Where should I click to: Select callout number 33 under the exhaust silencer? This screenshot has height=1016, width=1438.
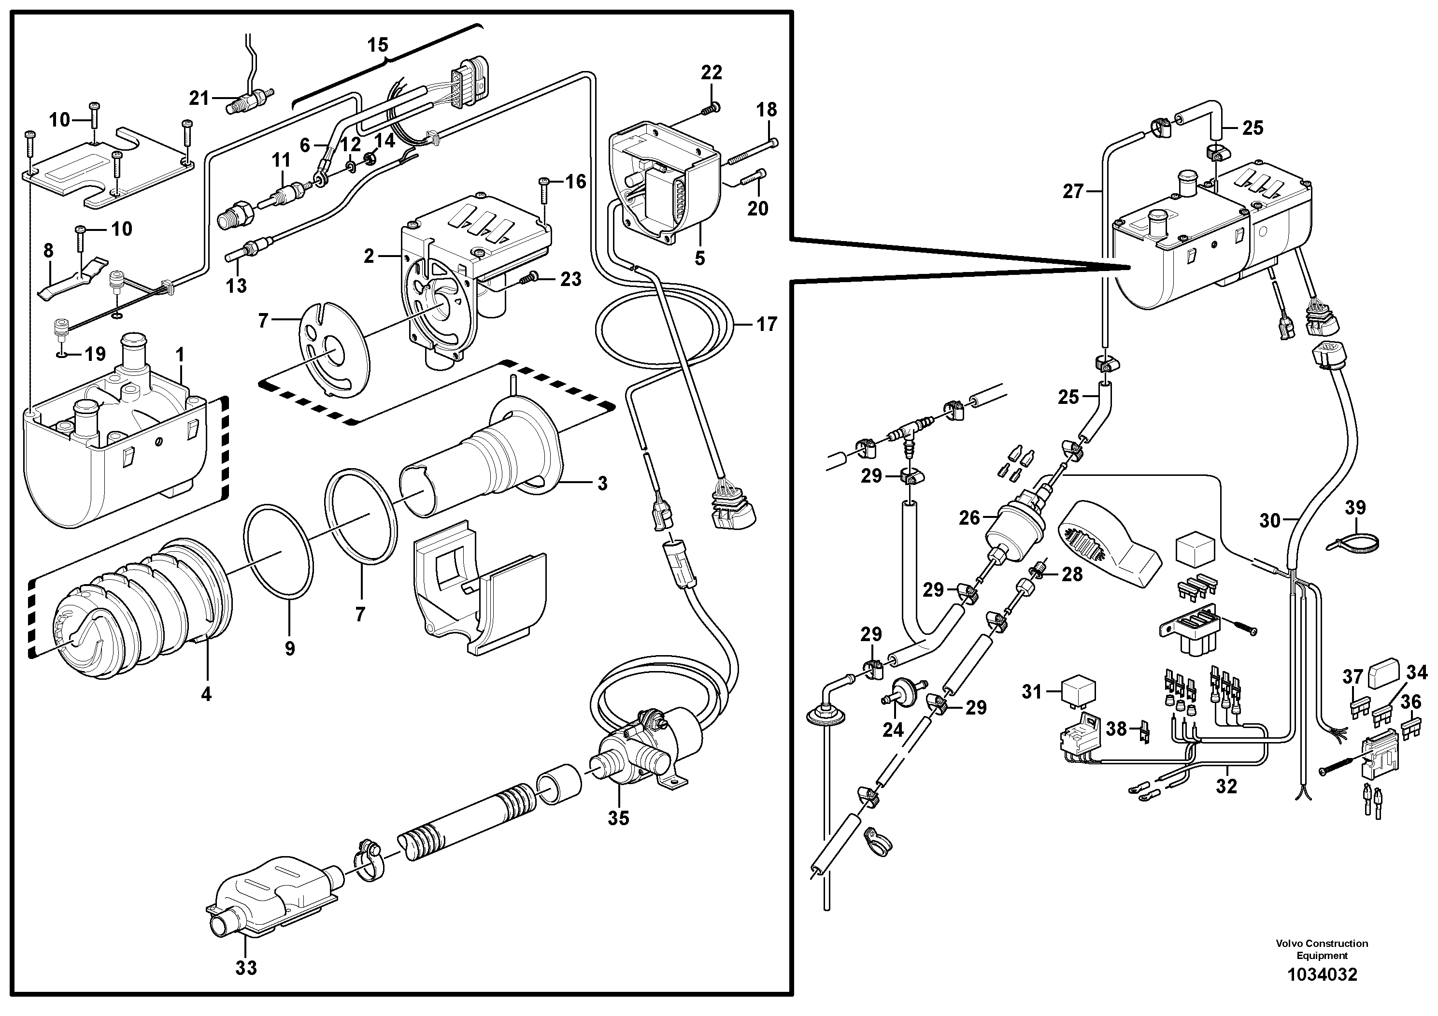[246, 968]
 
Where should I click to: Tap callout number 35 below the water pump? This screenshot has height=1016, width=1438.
[618, 817]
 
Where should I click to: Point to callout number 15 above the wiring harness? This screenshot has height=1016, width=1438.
[378, 45]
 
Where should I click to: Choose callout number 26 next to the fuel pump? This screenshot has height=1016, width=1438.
[969, 517]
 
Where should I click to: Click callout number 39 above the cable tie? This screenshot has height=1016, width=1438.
[1355, 507]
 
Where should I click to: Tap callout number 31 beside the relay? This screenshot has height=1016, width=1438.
[1032, 691]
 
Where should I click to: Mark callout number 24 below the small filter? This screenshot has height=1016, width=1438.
[893, 729]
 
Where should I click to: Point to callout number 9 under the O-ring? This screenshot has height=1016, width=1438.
[289, 648]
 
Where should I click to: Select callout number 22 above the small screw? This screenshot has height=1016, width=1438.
[712, 72]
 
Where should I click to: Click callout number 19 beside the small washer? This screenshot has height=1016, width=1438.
[95, 355]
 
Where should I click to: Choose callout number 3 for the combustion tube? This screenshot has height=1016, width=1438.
[602, 483]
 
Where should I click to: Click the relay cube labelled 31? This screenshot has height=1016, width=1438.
[1077, 689]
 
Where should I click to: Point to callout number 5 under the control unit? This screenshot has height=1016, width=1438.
[699, 258]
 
